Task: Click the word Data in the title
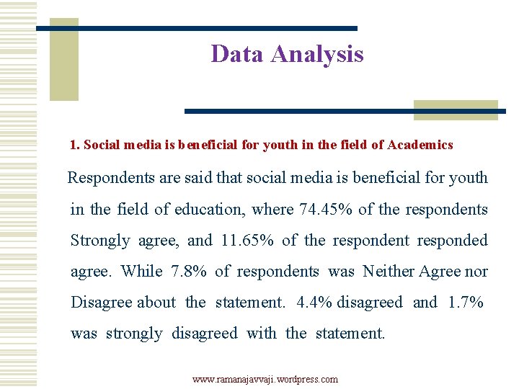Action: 236,54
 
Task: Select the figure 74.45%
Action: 326,210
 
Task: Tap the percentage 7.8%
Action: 189,272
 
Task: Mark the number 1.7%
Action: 466,303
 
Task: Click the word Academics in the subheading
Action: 420,145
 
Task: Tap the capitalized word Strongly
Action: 100,241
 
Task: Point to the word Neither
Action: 389,272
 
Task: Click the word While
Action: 142,272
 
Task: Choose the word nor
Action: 476,272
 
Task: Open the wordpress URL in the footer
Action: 265,379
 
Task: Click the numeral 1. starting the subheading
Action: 74,145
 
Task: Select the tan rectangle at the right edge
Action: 456,109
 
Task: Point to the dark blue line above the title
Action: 196,28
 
